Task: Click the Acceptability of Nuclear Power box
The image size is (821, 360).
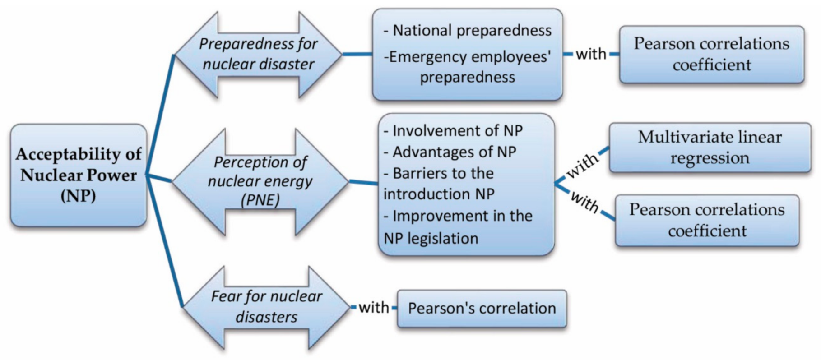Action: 79,175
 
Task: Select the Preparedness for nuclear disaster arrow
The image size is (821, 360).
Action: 258,54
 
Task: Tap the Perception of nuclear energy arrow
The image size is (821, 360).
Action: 260,181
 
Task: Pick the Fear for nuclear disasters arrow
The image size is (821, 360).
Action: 266,307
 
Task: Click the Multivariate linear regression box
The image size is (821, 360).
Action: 710,148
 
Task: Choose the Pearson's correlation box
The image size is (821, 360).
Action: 482,309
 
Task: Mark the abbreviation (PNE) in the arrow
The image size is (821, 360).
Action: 260,200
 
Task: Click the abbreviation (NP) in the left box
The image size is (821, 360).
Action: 79,196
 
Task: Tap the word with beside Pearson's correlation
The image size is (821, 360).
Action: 374,308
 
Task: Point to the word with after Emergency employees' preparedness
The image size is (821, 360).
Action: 591,54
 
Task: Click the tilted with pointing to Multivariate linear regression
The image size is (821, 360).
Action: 583,165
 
